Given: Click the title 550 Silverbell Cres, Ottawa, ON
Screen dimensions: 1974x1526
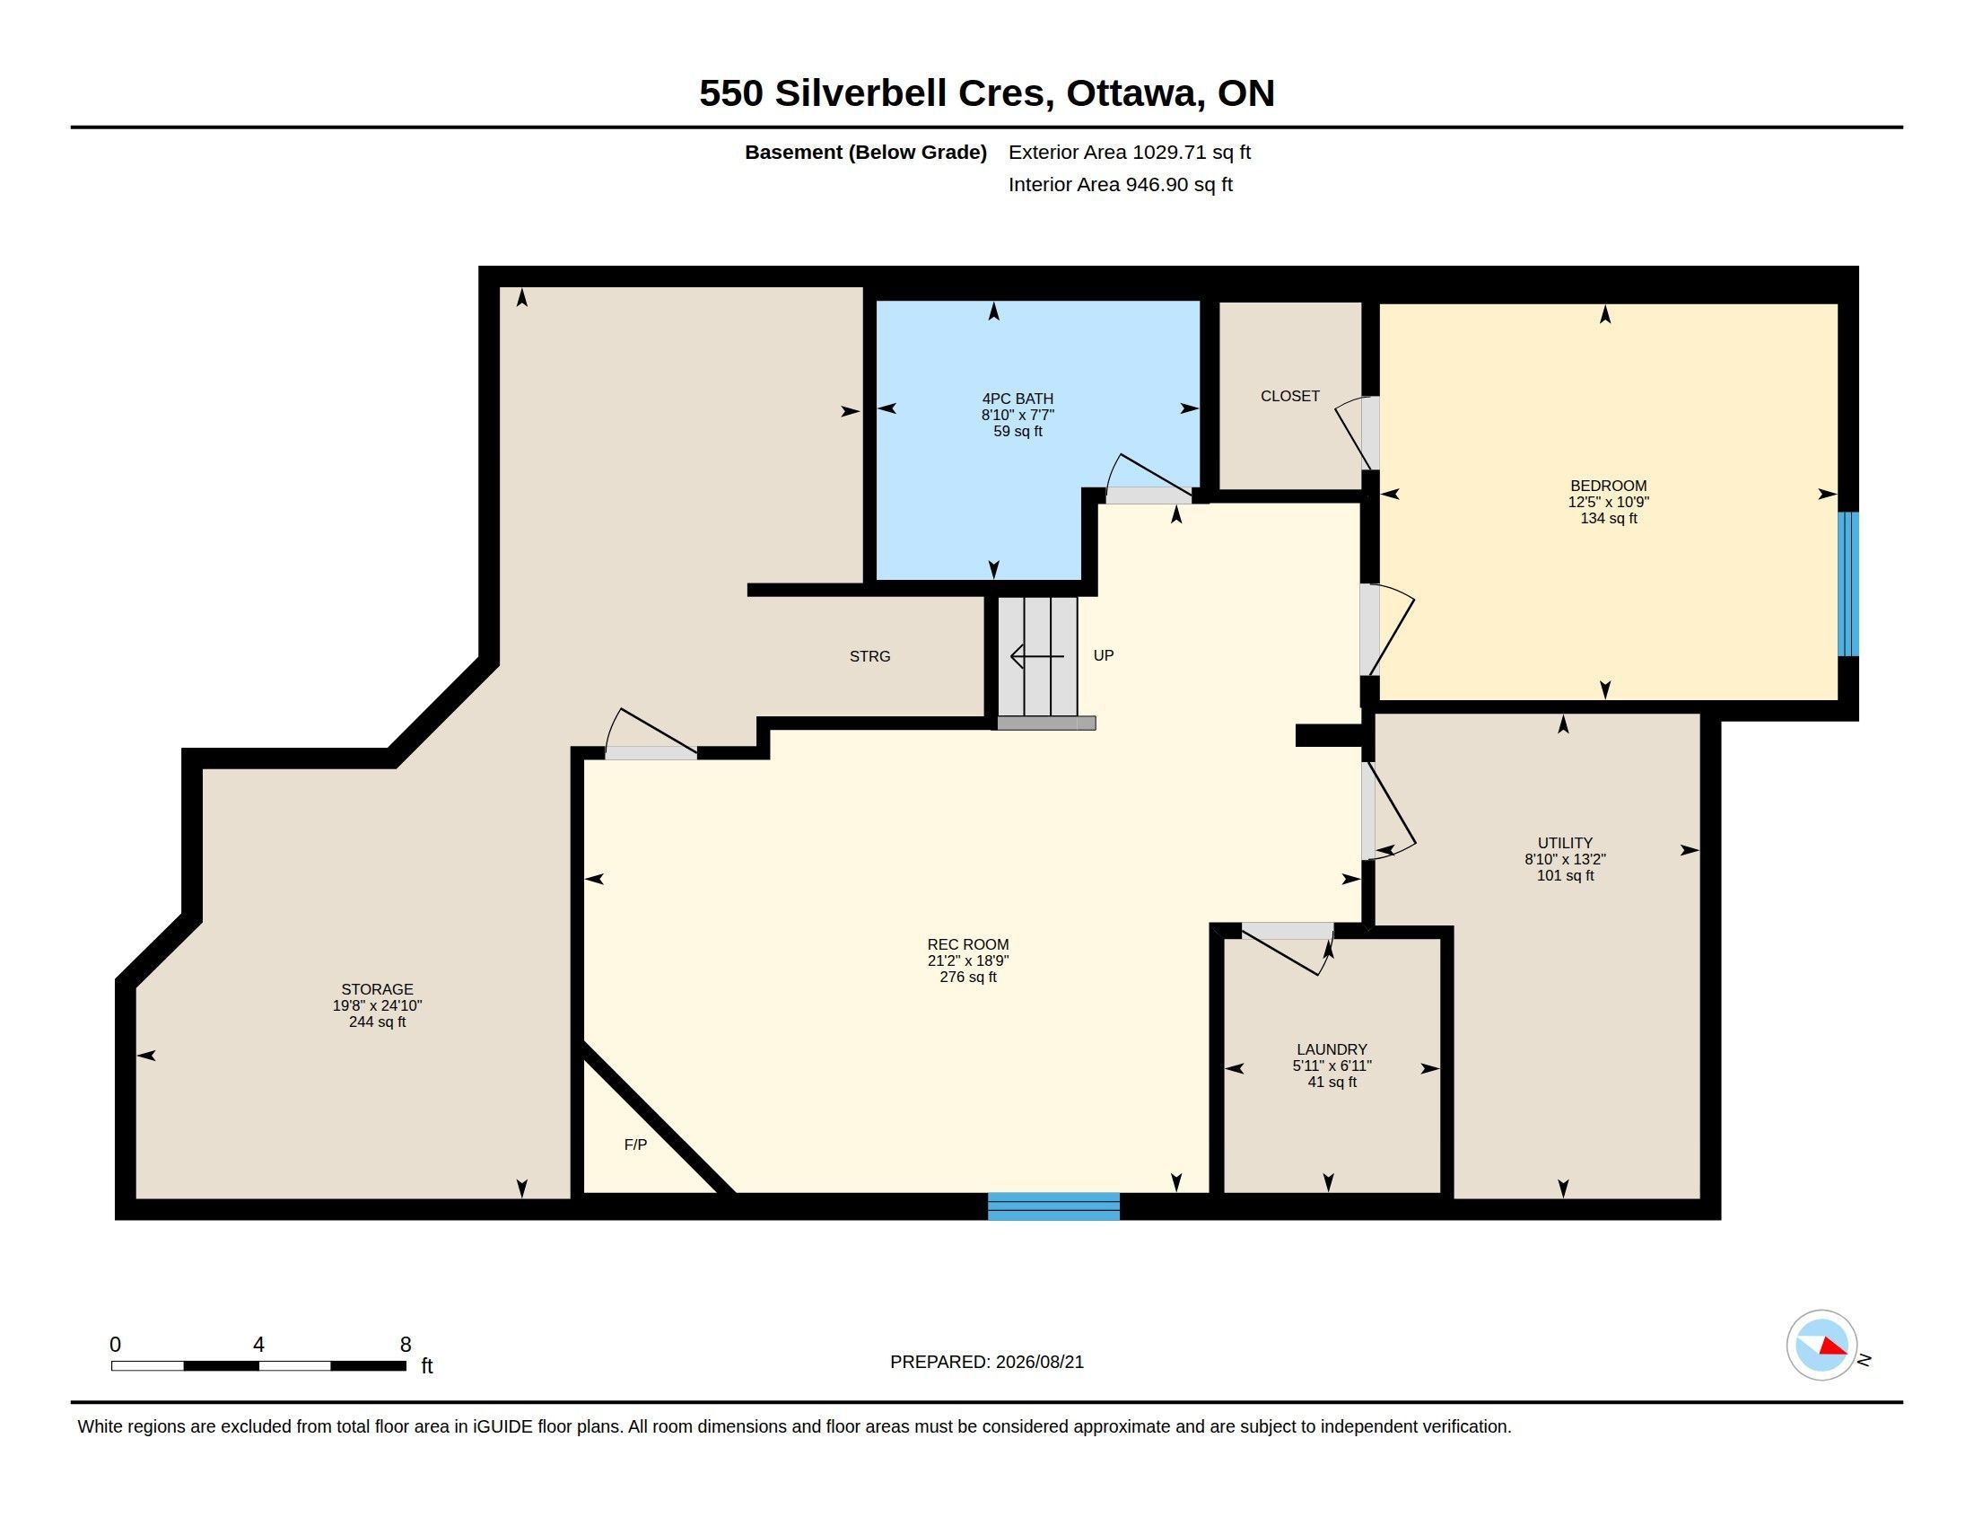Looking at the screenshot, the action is click(986, 93).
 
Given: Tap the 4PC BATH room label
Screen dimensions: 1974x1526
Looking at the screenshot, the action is click(1018, 399).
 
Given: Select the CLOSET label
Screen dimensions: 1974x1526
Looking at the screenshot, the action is click(1289, 396).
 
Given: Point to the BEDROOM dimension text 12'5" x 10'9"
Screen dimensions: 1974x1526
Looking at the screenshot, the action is click(1608, 502).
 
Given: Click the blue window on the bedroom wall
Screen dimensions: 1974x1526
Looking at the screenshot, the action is click(1848, 584).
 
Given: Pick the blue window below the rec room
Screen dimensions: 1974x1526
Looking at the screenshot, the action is click(1054, 1206).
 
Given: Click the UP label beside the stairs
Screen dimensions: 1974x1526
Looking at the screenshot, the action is click(1104, 655).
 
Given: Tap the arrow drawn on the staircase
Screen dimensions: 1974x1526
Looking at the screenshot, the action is click(1036, 656).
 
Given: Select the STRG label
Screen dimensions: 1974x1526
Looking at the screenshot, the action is click(869, 656).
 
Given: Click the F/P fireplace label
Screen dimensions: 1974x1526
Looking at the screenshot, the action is click(635, 1144).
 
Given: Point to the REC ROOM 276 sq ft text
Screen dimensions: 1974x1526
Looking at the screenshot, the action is click(968, 978).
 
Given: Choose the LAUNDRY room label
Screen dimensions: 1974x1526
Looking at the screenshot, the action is click(1332, 1049).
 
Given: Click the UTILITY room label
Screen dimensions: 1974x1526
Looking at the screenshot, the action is click(1565, 843).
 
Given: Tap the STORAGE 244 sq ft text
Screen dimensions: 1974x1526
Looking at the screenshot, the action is click(377, 1022).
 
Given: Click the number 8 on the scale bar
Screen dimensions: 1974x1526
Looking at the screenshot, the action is click(406, 1345).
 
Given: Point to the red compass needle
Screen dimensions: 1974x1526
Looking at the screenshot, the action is click(1832, 1347).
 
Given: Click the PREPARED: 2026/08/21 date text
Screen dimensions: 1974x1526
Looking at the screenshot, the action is click(986, 1362).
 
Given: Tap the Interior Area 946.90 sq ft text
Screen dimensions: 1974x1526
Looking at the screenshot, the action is click(1120, 184).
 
